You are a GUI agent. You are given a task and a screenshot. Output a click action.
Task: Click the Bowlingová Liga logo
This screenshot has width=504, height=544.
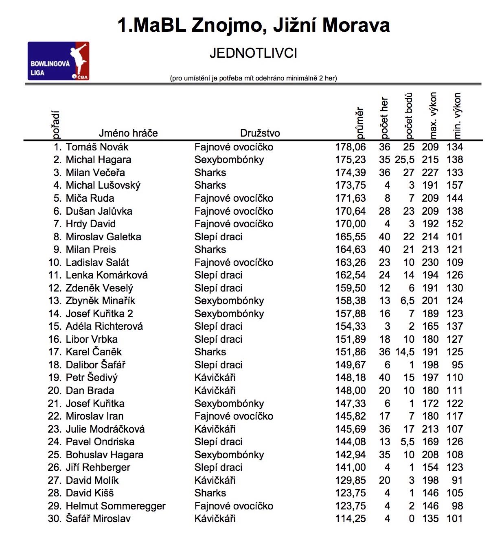[58, 61]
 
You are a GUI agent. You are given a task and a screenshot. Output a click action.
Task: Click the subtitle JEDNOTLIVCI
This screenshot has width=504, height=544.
[253, 53]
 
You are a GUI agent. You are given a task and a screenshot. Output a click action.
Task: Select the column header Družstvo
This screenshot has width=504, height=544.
[260, 133]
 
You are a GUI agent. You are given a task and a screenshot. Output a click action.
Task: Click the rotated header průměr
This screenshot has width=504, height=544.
[359, 123]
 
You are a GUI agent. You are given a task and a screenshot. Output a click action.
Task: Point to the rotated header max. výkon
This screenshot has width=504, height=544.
[433, 115]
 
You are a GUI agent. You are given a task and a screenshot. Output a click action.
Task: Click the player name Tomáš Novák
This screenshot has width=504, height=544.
[97, 147]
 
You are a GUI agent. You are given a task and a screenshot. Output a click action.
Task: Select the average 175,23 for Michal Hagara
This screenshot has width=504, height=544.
[350, 160]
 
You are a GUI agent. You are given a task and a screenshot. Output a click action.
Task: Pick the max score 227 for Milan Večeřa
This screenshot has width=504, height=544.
[430, 173]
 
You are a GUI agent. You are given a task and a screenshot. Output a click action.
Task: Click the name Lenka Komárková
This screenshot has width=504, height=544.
[107, 275]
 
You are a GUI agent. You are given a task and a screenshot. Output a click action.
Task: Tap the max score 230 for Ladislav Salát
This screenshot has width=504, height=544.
[430, 263]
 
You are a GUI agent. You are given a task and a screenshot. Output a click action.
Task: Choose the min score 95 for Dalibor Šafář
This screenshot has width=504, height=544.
[457, 365]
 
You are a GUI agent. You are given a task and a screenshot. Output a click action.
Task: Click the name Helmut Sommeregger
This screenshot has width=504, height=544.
[116, 506]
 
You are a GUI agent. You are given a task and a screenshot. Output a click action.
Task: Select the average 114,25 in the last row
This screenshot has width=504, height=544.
[350, 519]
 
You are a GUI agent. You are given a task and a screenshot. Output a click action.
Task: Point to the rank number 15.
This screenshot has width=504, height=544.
[55, 326]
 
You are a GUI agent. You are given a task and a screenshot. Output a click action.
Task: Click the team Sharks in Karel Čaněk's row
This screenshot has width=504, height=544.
[210, 352]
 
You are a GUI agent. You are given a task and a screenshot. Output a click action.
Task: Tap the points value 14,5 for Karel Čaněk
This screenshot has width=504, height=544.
[404, 352]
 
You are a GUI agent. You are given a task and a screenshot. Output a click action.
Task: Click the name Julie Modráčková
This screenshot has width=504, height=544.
[105, 429]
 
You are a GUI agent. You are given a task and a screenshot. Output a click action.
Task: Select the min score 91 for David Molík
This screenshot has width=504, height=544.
[457, 481]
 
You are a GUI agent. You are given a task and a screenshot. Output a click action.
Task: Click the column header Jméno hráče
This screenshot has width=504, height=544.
[128, 133]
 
